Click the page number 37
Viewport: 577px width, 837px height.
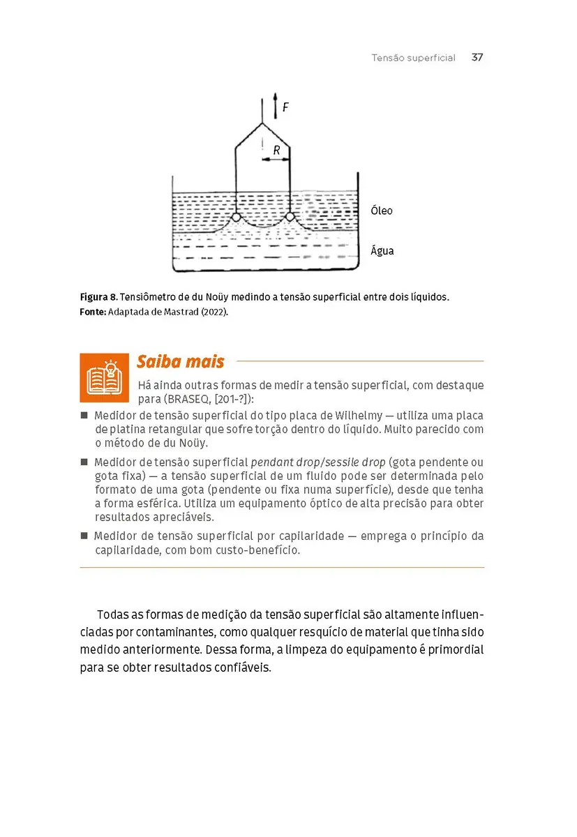[477, 58]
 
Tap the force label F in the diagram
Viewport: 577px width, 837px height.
[285, 107]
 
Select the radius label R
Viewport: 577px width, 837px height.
[276, 150]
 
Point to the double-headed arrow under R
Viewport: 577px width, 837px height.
[276, 160]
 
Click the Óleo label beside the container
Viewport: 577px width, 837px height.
[382, 211]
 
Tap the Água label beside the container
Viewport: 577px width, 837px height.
[382, 250]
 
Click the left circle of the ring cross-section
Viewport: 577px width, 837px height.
[237, 217]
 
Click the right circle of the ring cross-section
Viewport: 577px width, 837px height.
[290, 217]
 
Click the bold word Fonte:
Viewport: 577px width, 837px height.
[92, 312]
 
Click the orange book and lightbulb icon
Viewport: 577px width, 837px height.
[104, 377]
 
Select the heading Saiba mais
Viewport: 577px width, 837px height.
[180, 362]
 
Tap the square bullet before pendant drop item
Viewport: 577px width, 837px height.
[84, 462]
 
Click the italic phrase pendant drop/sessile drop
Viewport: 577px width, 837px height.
[317, 462]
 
